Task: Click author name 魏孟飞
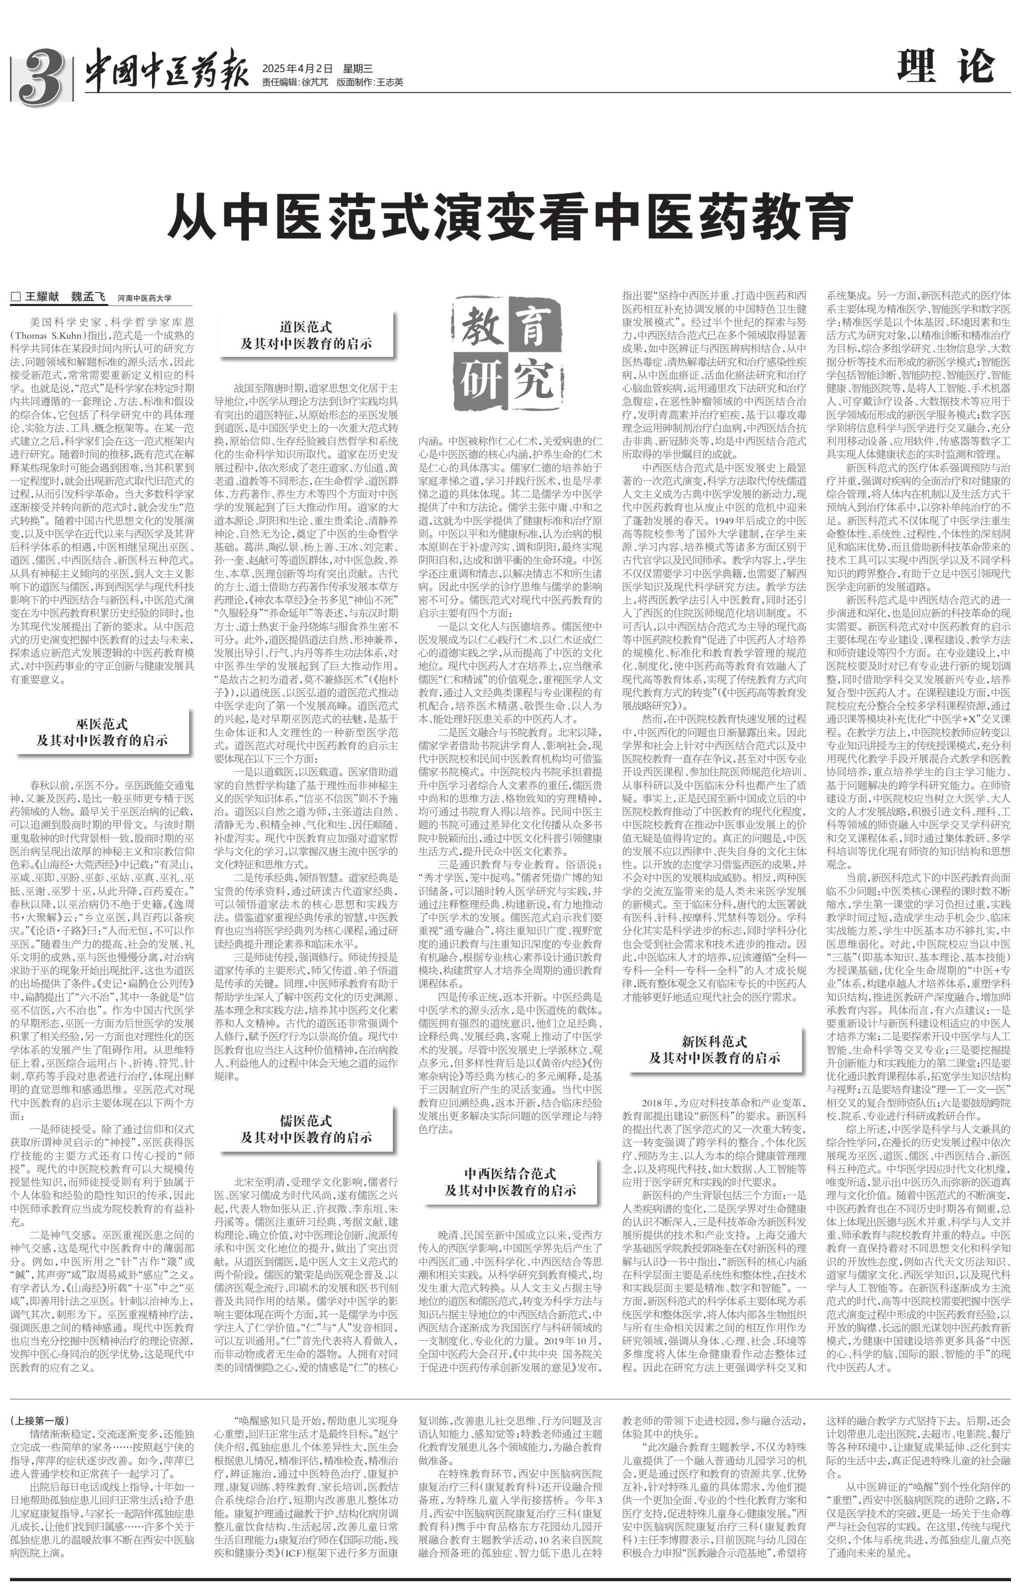tap(88, 298)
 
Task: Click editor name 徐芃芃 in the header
tap(314, 83)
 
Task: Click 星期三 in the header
tap(357, 68)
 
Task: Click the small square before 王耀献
tap(16, 298)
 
